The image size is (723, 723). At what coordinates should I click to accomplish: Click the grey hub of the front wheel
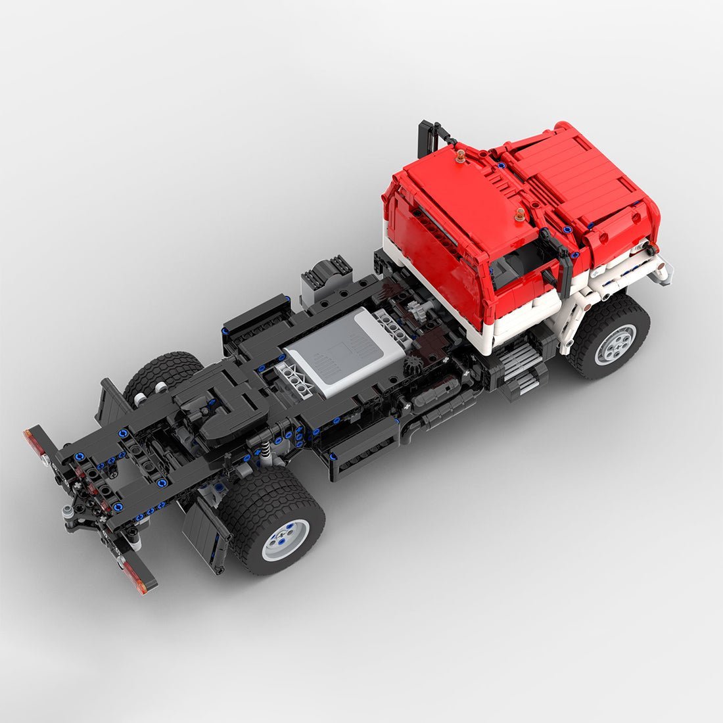[616, 344]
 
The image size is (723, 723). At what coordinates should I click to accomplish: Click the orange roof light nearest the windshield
[521, 214]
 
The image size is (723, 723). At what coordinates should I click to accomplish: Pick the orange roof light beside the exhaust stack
[459, 156]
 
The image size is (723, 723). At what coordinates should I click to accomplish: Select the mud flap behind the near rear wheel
[205, 532]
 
